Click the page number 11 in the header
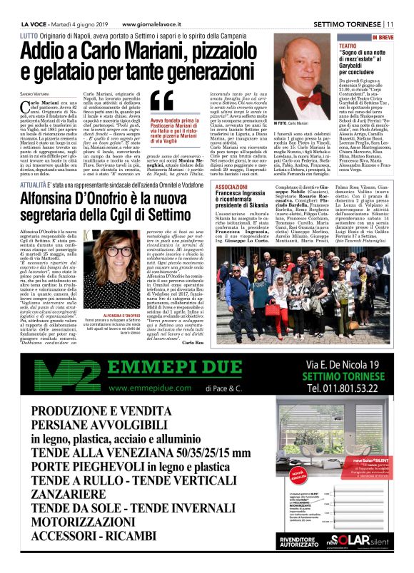click(400, 6)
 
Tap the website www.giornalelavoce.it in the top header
click(142, 6)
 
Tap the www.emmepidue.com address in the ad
click(138, 388)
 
